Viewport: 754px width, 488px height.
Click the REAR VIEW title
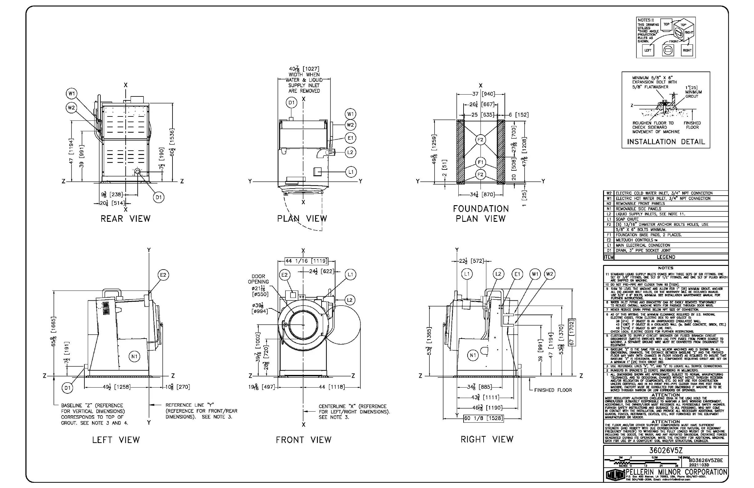coord(125,219)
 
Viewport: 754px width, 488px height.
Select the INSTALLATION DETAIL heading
coord(666,142)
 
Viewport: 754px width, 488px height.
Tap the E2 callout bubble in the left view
coord(163,275)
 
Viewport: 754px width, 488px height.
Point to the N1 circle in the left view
coord(134,356)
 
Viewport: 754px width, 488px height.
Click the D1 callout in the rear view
coord(159,197)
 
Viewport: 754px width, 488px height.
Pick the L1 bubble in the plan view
coord(351,172)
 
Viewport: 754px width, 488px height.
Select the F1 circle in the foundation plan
coord(480,162)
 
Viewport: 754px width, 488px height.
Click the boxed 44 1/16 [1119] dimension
coord(306,261)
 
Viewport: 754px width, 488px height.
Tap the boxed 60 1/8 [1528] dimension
coord(483,418)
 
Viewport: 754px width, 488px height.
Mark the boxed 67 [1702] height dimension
coord(572,332)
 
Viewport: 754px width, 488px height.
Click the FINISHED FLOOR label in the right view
coord(553,390)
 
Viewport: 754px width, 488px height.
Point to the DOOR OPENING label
coord(258,279)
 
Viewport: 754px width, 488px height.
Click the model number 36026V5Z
coord(666,450)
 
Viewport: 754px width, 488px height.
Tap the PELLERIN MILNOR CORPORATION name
coord(677,472)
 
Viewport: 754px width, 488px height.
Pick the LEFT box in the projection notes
coord(648,51)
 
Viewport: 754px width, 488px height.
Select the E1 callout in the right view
coord(517,274)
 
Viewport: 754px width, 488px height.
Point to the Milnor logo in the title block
coord(615,474)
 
